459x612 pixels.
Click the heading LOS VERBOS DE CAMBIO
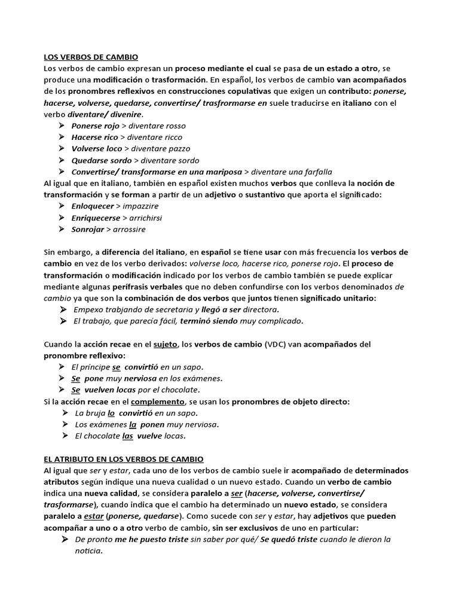91,57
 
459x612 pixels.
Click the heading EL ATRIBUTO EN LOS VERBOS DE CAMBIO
124,459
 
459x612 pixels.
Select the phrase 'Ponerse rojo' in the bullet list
95,126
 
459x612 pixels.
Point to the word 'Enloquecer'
93,206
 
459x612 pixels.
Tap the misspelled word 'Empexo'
88,310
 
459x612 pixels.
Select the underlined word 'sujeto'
166,344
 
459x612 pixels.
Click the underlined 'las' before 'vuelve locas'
127,436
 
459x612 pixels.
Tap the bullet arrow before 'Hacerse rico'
62,137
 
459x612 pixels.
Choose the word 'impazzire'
140,206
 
